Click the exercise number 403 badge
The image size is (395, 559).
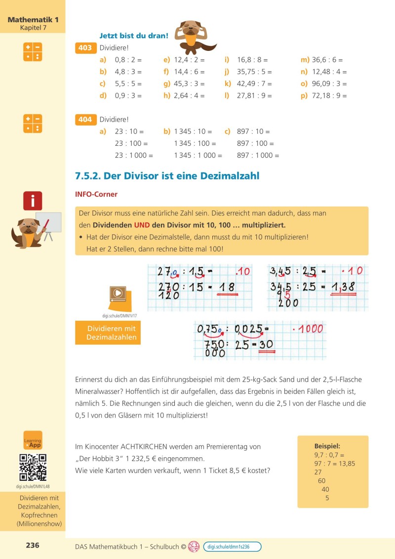click(85, 48)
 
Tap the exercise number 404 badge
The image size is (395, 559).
click(85, 120)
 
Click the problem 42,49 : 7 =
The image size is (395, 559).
click(254, 84)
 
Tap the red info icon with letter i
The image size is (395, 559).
click(33, 201)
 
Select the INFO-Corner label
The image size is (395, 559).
click(96, 194)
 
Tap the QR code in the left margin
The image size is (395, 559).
click(33, 467)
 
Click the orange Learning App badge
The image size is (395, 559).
click(33, 440)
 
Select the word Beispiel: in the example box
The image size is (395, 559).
click(327, 445)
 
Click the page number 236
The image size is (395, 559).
click(33, 545)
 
